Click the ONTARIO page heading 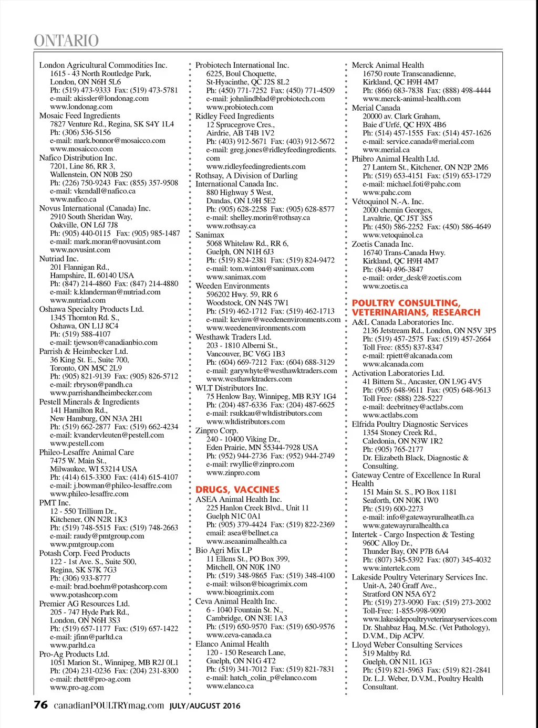coord(66,40)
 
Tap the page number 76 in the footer coord(40,704)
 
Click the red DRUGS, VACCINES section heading coord(237,489)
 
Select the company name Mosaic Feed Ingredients coord(79,115)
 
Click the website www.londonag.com coord(81,107)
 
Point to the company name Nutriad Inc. coord(59,259)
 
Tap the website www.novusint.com coord(80,250)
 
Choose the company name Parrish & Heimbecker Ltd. coord(84,351)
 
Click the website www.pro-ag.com coord(77,687)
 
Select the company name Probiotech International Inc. coord(242,65)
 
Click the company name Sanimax coord(210,235)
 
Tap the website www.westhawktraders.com coord(249,379)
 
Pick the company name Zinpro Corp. coord(216,430)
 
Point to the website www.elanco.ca coord(230,685)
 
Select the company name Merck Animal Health coord(388,65)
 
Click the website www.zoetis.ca coord(385,286)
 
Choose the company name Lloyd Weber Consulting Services coord(407,645)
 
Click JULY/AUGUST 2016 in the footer coord(205,706)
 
